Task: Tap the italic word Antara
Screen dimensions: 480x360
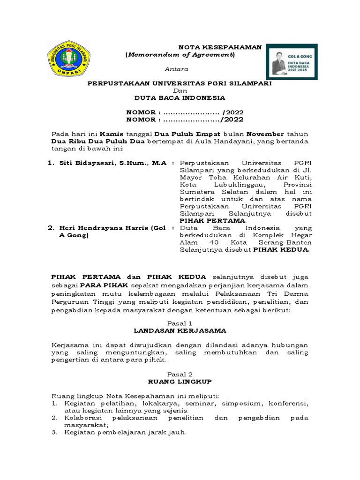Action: (177, 69)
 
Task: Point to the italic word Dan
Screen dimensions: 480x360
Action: (180, 90)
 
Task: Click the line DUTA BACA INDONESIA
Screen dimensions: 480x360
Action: (180, 97)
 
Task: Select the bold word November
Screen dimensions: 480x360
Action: (265, 134)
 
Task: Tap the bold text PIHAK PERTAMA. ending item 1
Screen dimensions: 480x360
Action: (213, 220)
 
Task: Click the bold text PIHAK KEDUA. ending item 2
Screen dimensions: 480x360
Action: (281, 250)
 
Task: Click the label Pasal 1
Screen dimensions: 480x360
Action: (180, 323)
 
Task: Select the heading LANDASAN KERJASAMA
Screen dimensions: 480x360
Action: (180, 330)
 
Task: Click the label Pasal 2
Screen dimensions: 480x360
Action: (180, 374)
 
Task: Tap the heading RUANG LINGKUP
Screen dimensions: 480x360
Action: (180, 382)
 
